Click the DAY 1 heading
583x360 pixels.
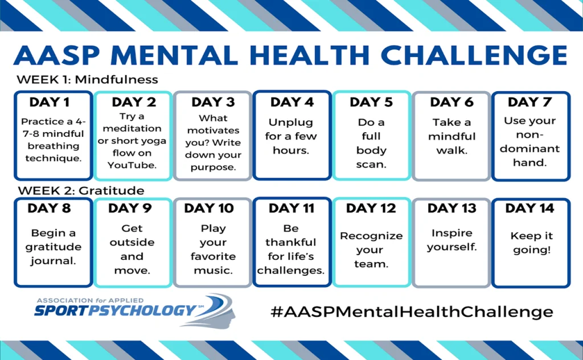point(50,102)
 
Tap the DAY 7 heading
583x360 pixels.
point(529,102)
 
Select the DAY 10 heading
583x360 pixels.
point(209,208)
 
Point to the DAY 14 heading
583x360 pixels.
point(529,208)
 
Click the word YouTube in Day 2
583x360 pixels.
point(132,165)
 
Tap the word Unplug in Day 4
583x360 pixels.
point(291,122)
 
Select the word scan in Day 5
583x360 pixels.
point(371,165)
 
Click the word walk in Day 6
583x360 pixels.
point(451,150)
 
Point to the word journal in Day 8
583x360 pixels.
point(53,261)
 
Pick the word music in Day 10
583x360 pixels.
point(213,271)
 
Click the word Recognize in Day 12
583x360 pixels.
point(371,236)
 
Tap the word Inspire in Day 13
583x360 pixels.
point(451,233)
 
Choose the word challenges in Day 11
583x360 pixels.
point(291,271)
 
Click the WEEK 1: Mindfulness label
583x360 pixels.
point(87,80)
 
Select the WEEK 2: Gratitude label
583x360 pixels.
point(81,191)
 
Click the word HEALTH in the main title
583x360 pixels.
point(311,56)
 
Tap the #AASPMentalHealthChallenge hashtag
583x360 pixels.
point(412,312)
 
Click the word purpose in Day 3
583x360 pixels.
point(213,167)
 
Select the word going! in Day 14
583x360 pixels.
point(532,250)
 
